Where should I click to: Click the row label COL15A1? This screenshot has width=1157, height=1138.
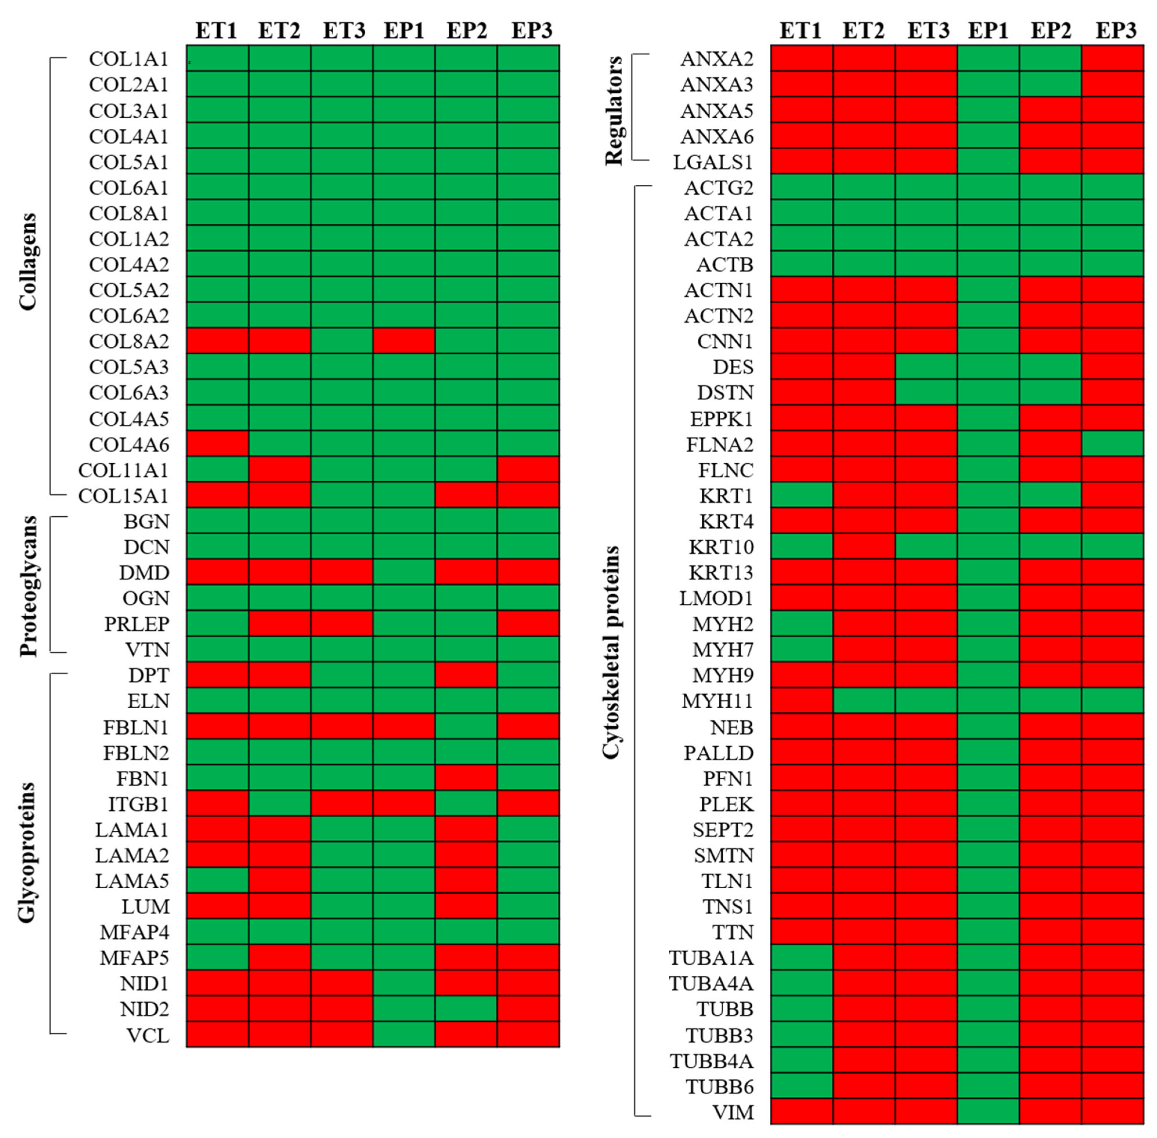(123, 496)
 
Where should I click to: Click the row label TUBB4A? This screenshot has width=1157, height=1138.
(711, 1061)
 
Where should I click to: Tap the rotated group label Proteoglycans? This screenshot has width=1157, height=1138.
(28, 586)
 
